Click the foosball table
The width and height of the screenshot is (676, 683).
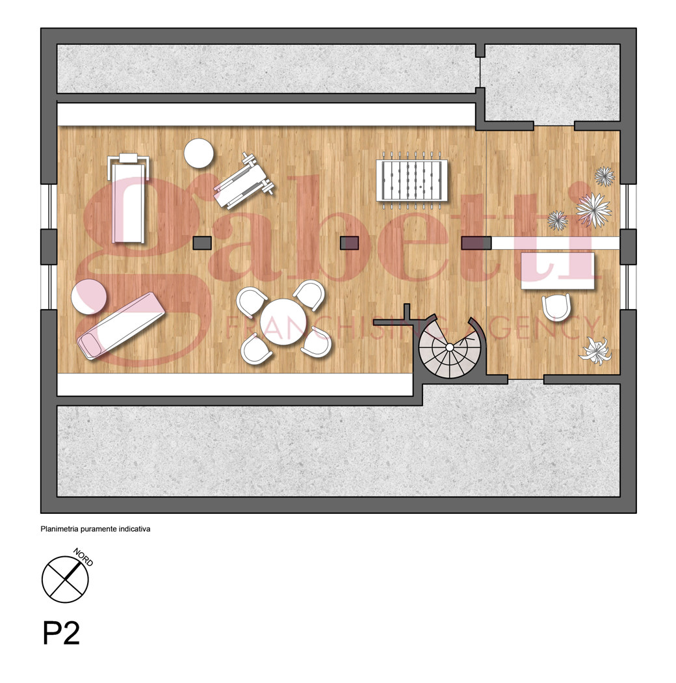point(412,180)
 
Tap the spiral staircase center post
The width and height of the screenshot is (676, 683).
point(450,347)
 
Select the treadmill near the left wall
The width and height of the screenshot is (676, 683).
point(129,198)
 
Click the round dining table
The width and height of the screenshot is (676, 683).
point(283,322)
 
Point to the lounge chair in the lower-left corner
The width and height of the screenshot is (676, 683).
point(121,325)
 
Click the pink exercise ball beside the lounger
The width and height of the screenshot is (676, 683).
point(89,296)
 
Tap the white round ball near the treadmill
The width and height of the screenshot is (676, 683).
point(198,153)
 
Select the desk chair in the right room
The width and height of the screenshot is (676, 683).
point(556,306)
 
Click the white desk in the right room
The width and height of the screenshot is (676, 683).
point(558,270)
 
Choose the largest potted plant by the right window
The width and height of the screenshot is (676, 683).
point(593,209)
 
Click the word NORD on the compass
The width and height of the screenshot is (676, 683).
point(83,557)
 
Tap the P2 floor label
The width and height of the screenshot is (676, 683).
point(61,634)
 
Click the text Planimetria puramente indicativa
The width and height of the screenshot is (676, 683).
point(96,529)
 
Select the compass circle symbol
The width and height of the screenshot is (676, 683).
point(65,580)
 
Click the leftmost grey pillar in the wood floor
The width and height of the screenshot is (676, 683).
point(202,243)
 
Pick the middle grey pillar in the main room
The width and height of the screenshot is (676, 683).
point(349,243)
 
